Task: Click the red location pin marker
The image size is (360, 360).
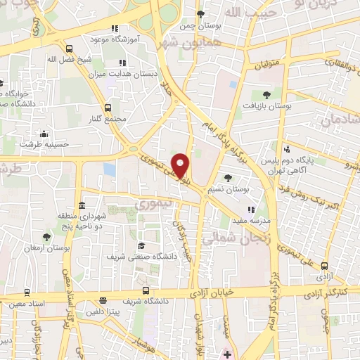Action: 181,165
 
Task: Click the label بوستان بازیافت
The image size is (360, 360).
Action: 266,106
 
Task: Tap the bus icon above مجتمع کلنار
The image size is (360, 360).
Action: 108,108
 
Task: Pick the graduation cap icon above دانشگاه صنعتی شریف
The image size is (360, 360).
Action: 141,245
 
